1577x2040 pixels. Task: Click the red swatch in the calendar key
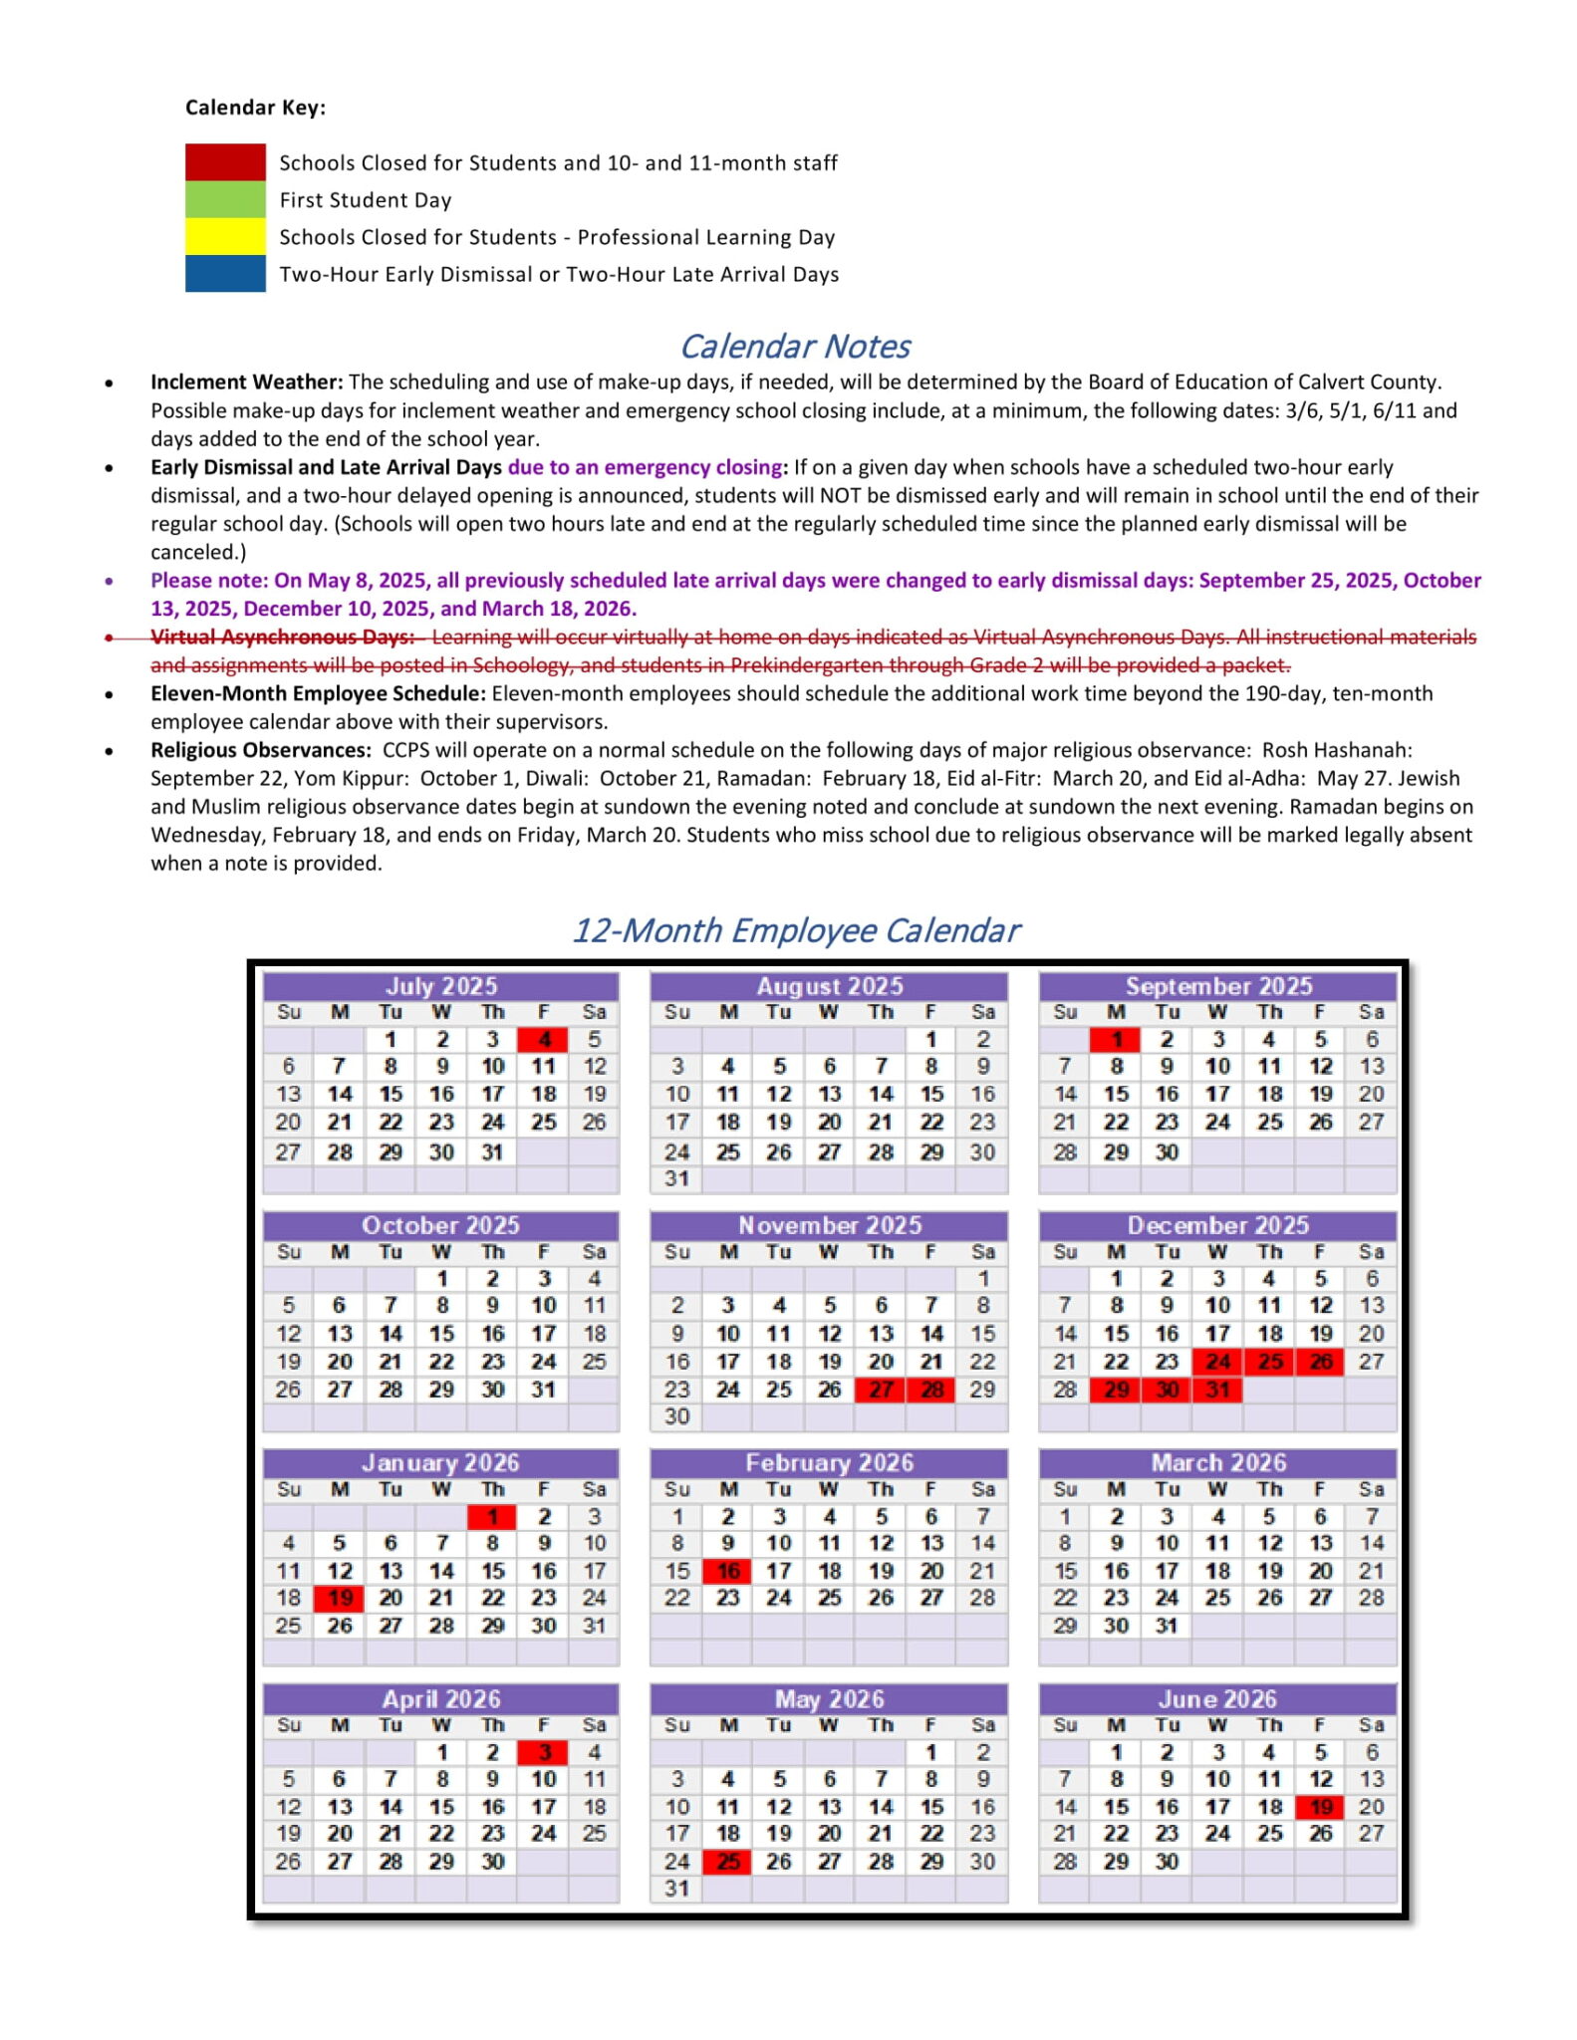pos(225,162)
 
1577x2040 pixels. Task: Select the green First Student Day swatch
pos(225,199)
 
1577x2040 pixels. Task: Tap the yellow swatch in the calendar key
pos(225,237)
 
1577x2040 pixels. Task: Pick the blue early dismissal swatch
pos(225,274)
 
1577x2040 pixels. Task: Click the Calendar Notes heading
pos(794,346)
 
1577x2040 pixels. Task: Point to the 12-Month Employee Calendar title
pos(794,929)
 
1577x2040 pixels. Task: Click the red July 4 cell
pos(543,1039)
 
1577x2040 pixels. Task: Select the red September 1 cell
pos(1116,1039)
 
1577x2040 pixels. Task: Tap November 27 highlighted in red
pos(881,1389)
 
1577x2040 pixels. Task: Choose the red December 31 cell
pos(1217,1389)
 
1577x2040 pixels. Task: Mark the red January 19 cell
pos(340,1598)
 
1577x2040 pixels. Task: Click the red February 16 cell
pos(728,1571)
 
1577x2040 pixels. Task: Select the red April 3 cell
pos(543,1752)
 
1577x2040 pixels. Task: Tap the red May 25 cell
pos(728,1861)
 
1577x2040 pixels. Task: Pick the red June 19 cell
pos(1320,1807)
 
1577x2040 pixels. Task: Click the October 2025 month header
pos(440,1225)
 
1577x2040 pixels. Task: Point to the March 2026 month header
pos(1217,1462)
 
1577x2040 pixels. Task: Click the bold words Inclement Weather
pos(246,382)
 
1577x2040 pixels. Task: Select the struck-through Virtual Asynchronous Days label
pos(282,637)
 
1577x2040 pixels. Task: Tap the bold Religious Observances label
pos(260,750)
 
